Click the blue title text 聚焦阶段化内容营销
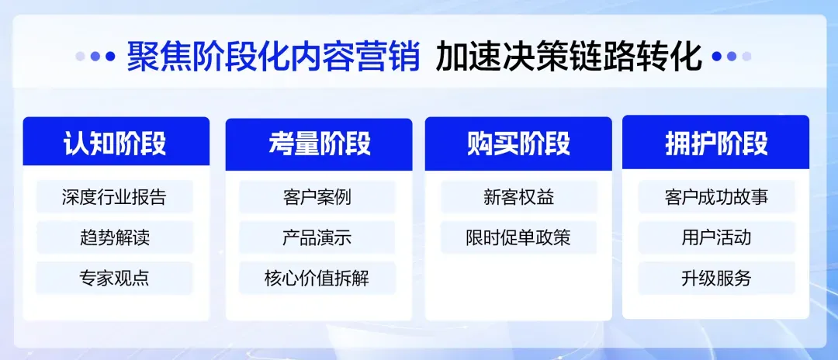273,56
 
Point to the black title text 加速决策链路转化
568,56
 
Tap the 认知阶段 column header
116,141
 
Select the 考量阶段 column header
319,144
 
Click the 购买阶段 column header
518,144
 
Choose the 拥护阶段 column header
715,143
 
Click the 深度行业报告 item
114,196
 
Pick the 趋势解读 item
114,237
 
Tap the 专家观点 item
114,278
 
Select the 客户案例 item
317,197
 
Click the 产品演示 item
317,237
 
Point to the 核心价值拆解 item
317,278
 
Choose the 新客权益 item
519,197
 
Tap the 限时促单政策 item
518,237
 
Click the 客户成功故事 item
717,196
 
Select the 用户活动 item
717,237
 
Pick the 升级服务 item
717,278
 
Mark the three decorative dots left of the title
95,56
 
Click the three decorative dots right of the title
732,56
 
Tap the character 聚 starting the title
143,56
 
